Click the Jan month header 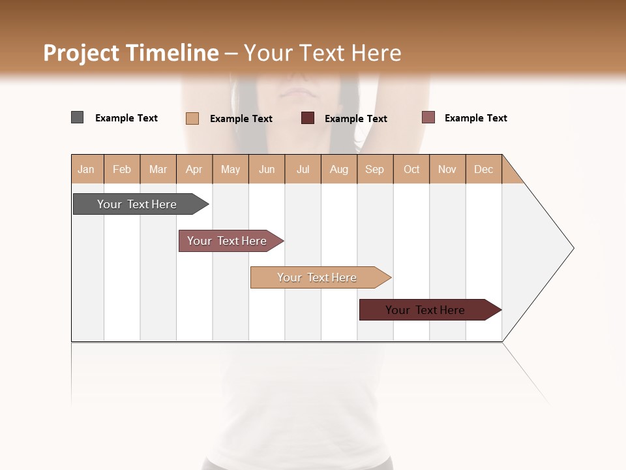[x=87, y=169]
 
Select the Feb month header [x=122, y=169]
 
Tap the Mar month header [x=158, y=169]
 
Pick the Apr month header [x=194, y=169]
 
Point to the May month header [x=230, y=169]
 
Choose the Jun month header [x=267, y=169]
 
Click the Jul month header [x=303, y=169]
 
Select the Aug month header [x=339, y=169]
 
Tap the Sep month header [x=375, y=169]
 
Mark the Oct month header [x=411, y=169]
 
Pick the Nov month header [x=447, y=169]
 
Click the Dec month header [x=484, y=169]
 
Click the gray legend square [x=78, y=117]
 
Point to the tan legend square [x=192, y=118]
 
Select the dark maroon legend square [x=308, y=118]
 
